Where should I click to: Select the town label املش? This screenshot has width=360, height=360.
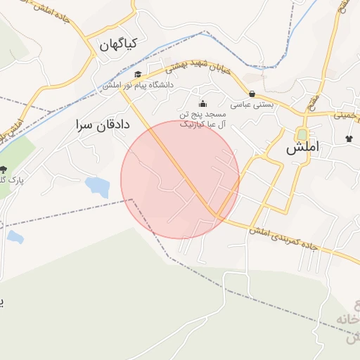(x=303, y=148)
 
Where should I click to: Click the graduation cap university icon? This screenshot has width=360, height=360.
(x=138, y=75)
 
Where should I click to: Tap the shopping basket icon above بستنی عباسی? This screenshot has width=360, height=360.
(x=252, y=94)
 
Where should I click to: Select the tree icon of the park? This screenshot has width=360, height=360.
(x=4, y=169)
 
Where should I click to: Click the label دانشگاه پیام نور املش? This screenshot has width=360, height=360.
(x=137, y=85)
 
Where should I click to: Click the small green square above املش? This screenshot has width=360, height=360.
(x=302, y=134)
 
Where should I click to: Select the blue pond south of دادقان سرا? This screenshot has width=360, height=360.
(x=97, y=186)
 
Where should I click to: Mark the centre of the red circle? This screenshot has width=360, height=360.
(x=180, y=180)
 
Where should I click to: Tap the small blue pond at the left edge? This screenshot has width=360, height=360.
(x=15, y=237)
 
